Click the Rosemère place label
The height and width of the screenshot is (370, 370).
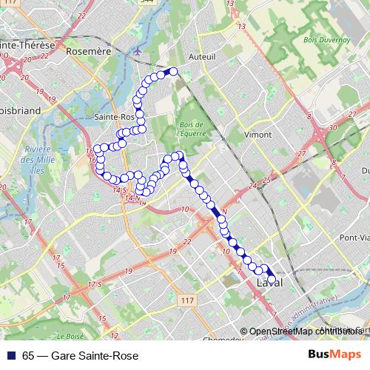[x=88, y=52]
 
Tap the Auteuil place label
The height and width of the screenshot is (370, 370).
[x=202, y=55]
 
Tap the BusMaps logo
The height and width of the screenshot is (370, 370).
[x=334, y=355]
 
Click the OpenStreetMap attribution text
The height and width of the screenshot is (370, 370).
[x=303, y=331]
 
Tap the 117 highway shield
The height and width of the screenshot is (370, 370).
[x=187, y=300]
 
